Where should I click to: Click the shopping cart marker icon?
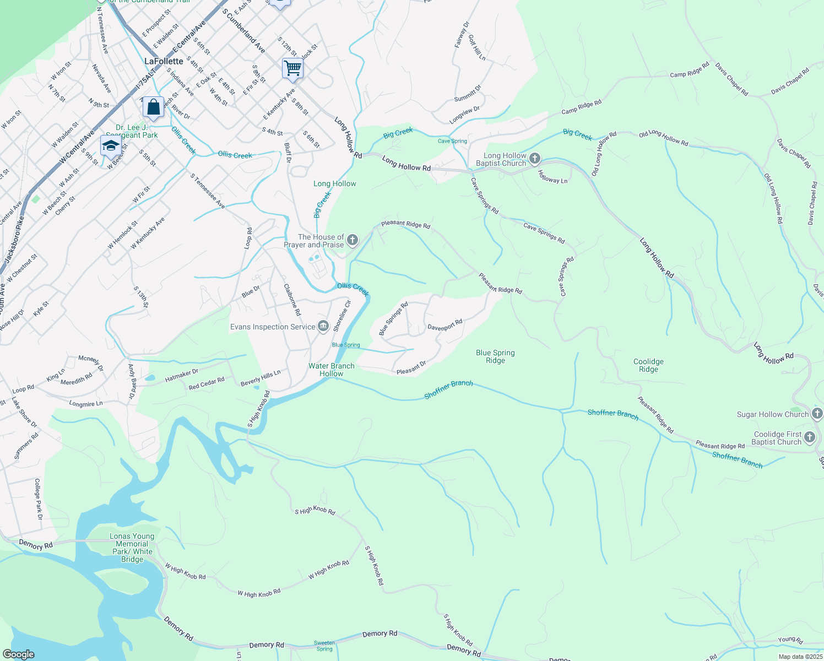pyautogui.click(x=292, y=68)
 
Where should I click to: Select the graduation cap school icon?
pyautogui.click(x=111, y=146)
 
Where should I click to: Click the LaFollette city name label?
pyautogui.click(x=164, y=61)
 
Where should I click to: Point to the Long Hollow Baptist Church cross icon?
pyautogui.click(x=534, y=159)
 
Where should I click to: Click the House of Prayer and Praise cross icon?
pyautogui.click(x=353, y=240)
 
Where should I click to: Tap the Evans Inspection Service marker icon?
pyautogui.click(x=324, y=327)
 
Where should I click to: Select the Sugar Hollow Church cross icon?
pyautogui.click(x=817, y=414)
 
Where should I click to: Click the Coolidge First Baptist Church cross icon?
pyautogui.click(x=809, y=438)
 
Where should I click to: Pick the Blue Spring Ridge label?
pyautogui.click(x=495, y=356)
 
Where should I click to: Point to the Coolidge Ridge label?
pyautogui.click(x=648, y=365)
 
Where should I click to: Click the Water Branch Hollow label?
pyautogui.click(x=332, y=370)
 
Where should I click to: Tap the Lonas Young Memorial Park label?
pyautogui.click(x=132, y=548)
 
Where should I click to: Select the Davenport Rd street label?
pyautogui.click(x=445, y=325)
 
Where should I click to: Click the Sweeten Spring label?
pyautogui.click(x=324, y=646)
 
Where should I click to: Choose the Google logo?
pyautogui.click(x=18, y=654)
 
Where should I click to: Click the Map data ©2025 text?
pyautogui.click(x=800, y=657)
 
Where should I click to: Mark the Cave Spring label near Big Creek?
pyautogui.click(x=452, y=141)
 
